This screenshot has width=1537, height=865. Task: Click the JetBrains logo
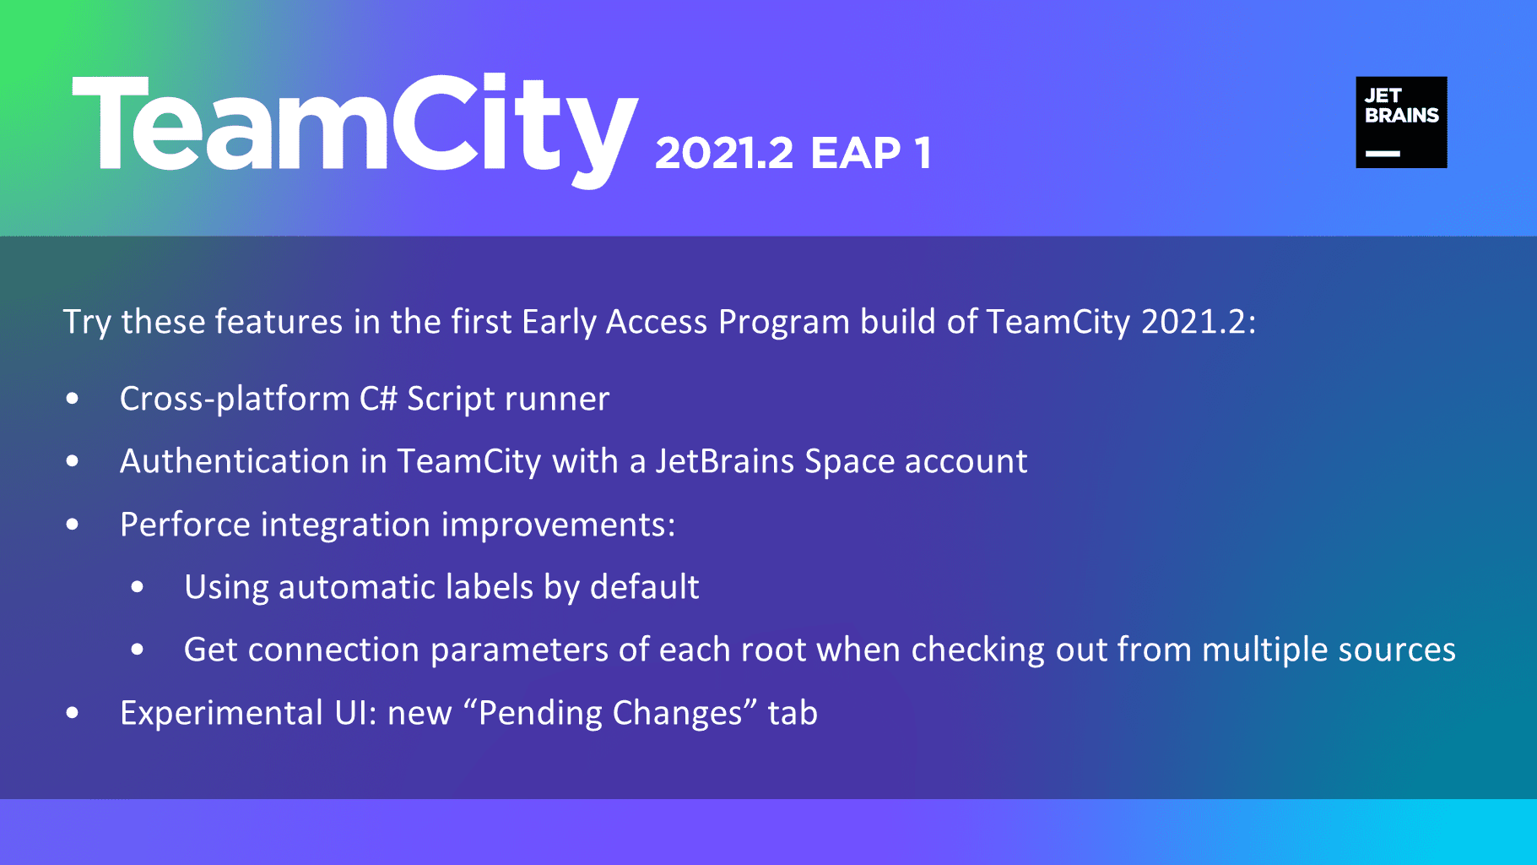(x=1401, y=122)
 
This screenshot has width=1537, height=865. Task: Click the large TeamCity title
(x=355, y=130)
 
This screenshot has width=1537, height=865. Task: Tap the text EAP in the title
(x=856, y=153)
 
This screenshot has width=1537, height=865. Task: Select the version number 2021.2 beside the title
(x=724, y=153)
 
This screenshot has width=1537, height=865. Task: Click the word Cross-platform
(x=235, y=399)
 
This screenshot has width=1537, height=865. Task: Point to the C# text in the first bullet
(x=378, y=399)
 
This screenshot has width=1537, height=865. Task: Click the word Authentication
(x=235, y=461)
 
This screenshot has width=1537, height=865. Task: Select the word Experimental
(x=222, y=714)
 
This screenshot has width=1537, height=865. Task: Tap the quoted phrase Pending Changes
(x=610, y=714)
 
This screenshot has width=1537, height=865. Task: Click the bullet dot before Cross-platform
(x=73, y=399)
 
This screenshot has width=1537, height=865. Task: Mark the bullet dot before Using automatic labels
(x=138, y=587)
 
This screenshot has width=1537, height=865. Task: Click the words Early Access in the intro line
(x=614, y=323)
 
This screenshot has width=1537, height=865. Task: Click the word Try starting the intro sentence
(x=87, y=323)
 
